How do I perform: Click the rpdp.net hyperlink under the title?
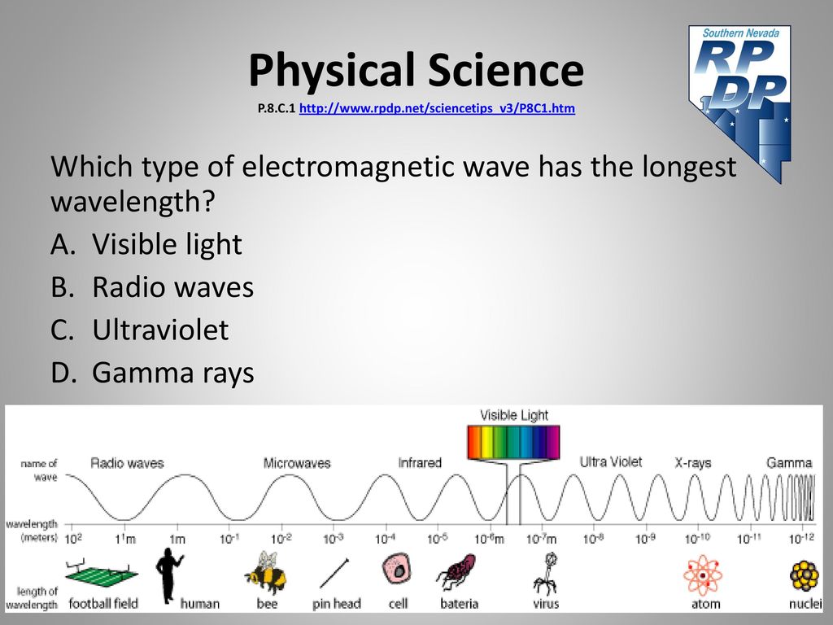pos(437,108)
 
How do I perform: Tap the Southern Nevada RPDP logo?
pos(740,101)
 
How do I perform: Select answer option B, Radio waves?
pos(152,287)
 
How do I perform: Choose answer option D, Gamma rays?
pos(152,373)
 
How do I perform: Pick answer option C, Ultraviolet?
pos(140,330)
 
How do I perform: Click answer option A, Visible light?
pos(146,244)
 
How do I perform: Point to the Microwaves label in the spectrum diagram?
pos(297,463)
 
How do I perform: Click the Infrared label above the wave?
pos(420,462)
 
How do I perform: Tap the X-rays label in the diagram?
pos(693,462)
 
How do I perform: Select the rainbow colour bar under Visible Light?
pos(513,442)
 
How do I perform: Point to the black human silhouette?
pos(169,575)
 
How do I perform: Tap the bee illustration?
pos(266,572)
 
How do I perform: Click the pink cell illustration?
pos(396,569)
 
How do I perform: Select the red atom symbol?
pos(703,575)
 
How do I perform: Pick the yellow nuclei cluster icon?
pos(805,575)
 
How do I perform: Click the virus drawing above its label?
pos(546,573)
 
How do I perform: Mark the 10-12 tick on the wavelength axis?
pos(801,539)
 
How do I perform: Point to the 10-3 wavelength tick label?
pos(333,539)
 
